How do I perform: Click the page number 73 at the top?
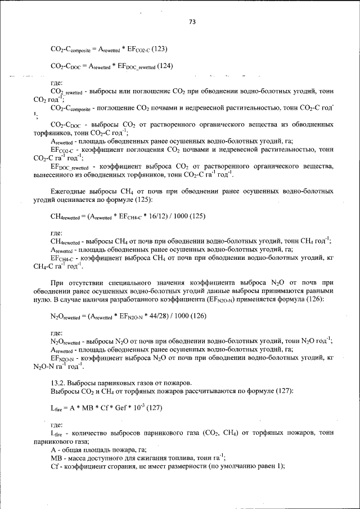[192, 22]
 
